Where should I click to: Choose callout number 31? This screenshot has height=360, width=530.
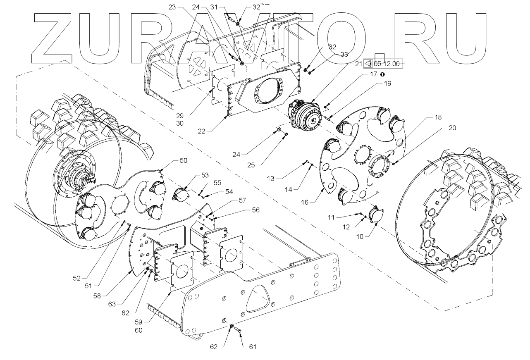(225, 7)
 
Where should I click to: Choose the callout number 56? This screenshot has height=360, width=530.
(256, 210)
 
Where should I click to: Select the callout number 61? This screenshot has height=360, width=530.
(252, 347)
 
